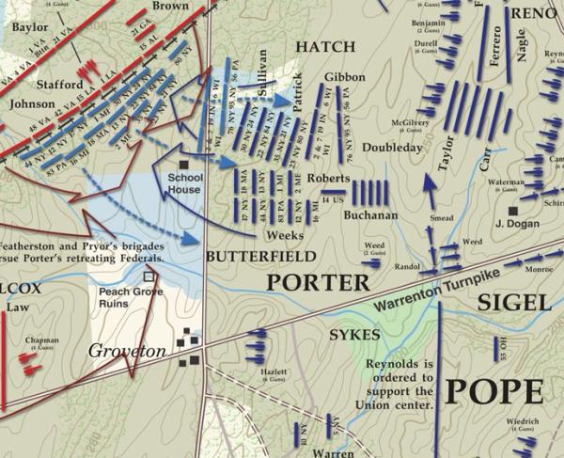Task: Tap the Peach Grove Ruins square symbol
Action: click(x=148, y=277)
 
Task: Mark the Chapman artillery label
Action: click(x=43, y=341)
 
